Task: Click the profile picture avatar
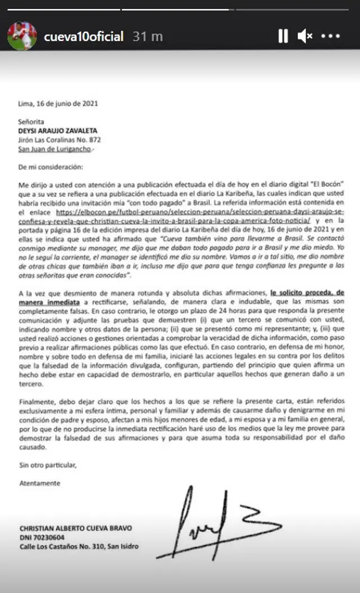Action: point(22,37)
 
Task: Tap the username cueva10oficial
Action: point(83,37)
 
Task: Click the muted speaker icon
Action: point(305,37)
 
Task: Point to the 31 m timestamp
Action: point(148,37)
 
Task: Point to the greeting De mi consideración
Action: point(50,167)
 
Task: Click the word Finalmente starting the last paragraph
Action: point(38,403)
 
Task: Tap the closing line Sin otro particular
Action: point(47,465)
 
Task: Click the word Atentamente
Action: point(39,483)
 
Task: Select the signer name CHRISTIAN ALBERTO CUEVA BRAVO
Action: point(75,528)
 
